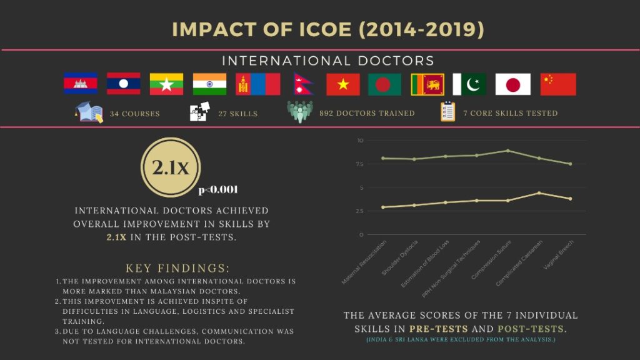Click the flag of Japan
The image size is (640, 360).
pos(513,84)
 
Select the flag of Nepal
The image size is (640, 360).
pos(302,84)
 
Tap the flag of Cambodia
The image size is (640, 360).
pos(81,84)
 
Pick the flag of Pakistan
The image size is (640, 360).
pos(469,84)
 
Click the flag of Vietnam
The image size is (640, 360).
pos(343,84)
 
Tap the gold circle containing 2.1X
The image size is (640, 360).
pos(171,167)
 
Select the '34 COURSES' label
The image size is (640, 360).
pos(134,114)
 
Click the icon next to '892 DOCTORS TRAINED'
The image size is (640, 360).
pos(300,112)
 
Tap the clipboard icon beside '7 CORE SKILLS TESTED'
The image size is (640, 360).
pos(447,112)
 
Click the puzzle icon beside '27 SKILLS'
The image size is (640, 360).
pos(199,113)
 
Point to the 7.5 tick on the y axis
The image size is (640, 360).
pos(359,164)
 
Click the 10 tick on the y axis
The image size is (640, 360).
pos(360,141)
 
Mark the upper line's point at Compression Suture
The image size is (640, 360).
pos(507,151)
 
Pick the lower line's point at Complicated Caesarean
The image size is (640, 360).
pos(539,193)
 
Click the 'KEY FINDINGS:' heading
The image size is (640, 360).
pos(177,268)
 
